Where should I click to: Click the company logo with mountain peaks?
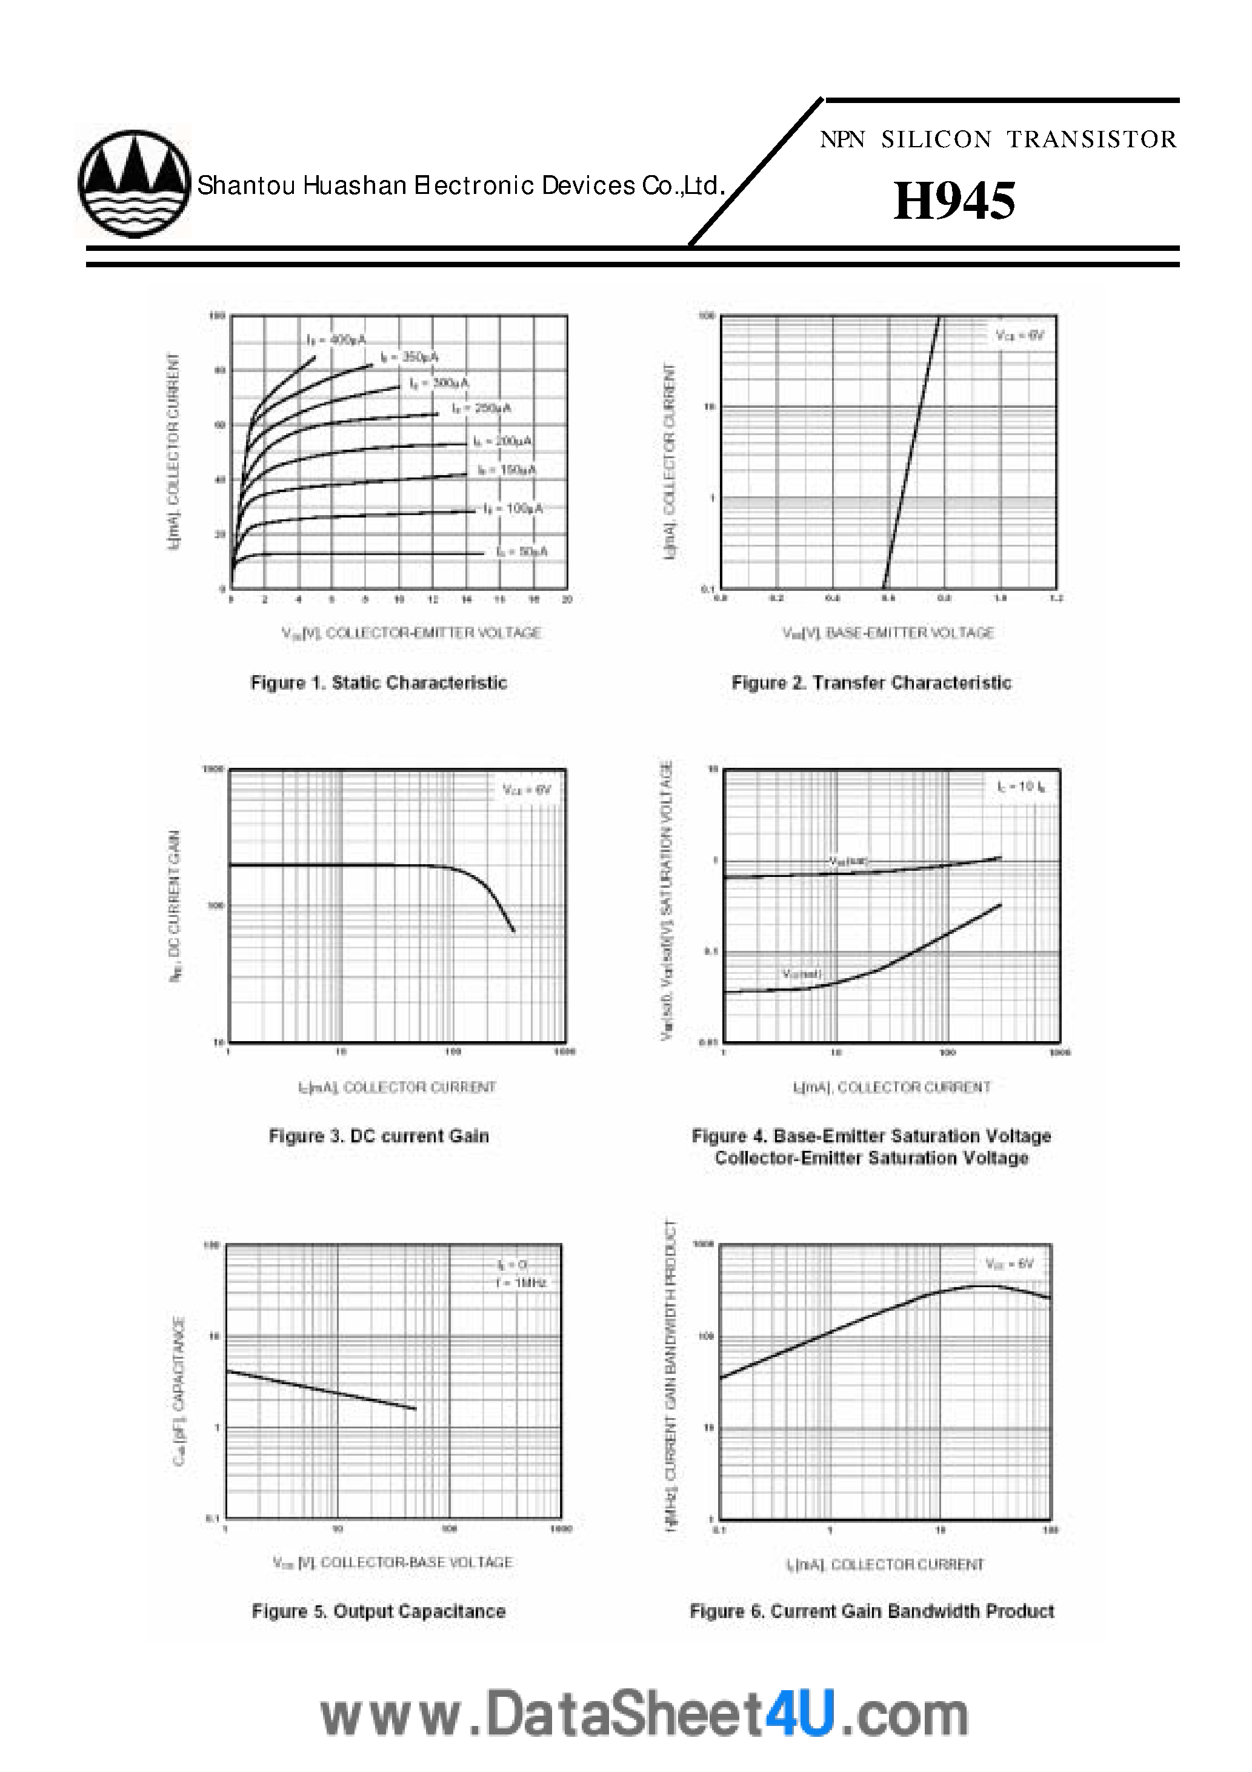(133, 183)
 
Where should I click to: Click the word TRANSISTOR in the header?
(1092, 140)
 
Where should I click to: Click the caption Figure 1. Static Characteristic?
(379, 683)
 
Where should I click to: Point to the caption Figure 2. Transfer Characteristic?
(871, 683)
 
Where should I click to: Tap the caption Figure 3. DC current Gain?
(378, 1136)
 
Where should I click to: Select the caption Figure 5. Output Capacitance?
(378, 1611)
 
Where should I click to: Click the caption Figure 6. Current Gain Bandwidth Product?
(871, 1611)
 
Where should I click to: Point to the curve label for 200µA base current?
(502, 441)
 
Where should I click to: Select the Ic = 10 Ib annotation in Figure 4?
(1021, 787)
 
